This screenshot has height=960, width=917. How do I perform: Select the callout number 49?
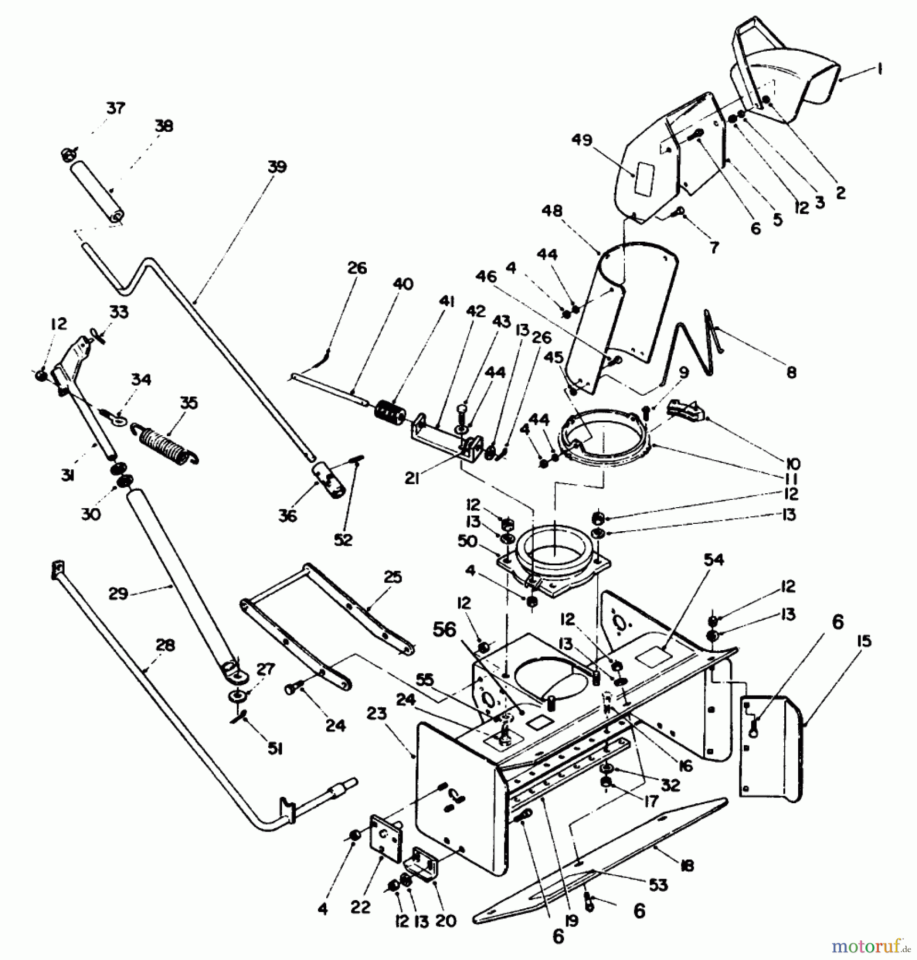coord(582,140)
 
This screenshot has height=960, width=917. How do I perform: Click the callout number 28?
coord(165,645)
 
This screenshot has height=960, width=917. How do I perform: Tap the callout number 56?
coord(445,629)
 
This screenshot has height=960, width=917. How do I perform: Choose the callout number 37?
coord(116,108)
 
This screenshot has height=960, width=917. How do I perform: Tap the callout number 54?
coord(714,559)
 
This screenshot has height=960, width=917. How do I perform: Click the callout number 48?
coord(552,211)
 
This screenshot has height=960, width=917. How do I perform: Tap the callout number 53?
coord(658,885)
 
